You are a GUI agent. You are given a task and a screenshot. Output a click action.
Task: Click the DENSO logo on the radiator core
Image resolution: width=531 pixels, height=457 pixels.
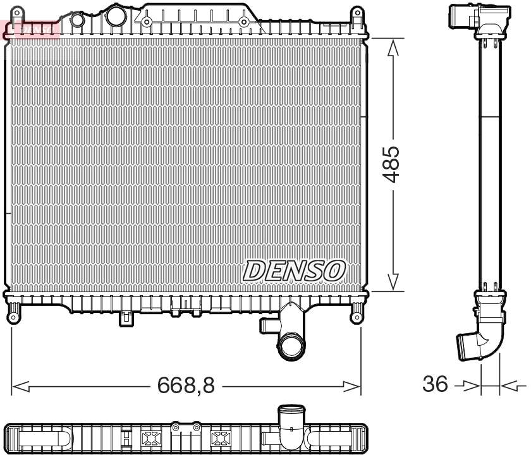[x=294, y=271]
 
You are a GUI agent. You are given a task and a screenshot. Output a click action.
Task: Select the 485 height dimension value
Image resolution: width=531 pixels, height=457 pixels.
[x=393, y=164]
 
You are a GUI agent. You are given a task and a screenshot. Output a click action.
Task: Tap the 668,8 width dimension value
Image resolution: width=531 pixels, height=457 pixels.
[x=186, y=385]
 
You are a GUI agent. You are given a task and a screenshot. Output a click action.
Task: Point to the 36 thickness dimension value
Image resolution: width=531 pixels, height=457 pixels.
[x=435, y=384]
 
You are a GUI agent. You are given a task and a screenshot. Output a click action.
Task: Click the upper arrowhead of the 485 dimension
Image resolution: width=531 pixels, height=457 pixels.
[x=393, y=46]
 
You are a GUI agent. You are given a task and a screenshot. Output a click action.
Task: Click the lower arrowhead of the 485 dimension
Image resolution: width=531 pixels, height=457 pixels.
[x=393, y=283]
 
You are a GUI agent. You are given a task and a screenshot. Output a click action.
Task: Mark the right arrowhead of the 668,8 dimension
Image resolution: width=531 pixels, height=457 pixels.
[x=352, y=385]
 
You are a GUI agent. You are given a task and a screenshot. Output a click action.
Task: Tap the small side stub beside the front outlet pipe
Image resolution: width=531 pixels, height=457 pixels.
[x=266, y=325]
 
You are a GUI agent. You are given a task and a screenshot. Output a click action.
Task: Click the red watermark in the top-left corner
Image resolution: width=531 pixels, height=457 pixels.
[x=30, y=28]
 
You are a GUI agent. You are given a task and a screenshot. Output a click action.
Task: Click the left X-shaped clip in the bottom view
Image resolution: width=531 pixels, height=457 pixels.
[x=152, y=439]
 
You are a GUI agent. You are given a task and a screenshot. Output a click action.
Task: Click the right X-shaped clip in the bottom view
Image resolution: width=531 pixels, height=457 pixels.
[x=220, y=439]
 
